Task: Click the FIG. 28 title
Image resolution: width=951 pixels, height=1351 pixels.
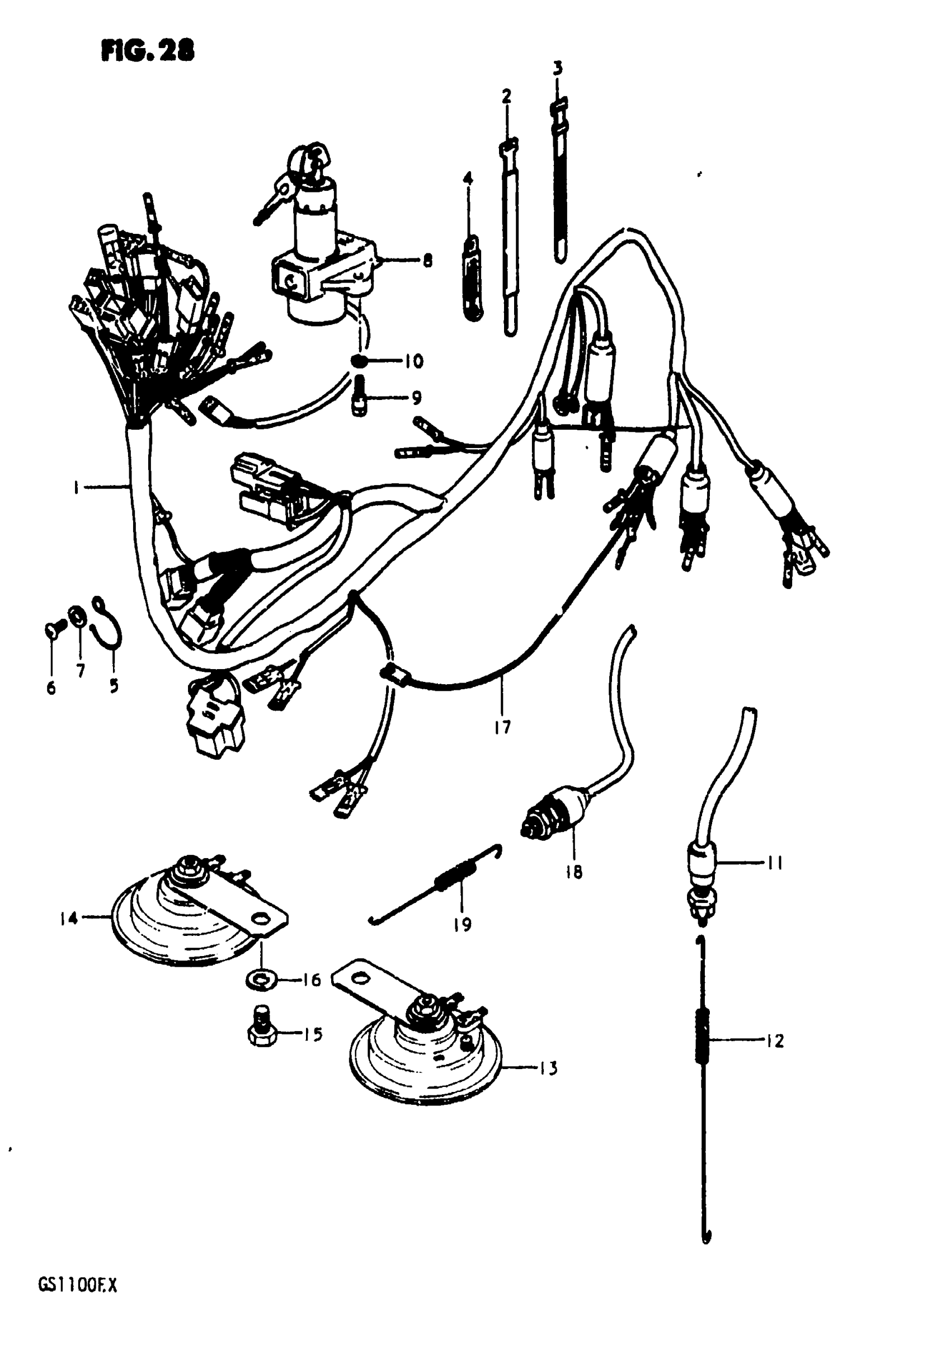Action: (x=147, y=52)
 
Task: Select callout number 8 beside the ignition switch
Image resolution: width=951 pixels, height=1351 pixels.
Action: (x=427, y=260)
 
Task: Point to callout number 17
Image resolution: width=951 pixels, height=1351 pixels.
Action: (x=502, y=728)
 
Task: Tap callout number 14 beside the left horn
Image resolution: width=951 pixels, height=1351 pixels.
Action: (x=69, y=917)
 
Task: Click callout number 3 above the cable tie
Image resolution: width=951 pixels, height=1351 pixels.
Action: (x=557, y=69)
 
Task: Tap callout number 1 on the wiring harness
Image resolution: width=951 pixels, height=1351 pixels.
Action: (x=76, y=488)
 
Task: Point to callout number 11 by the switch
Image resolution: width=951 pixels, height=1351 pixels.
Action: (x=774, y=863)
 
